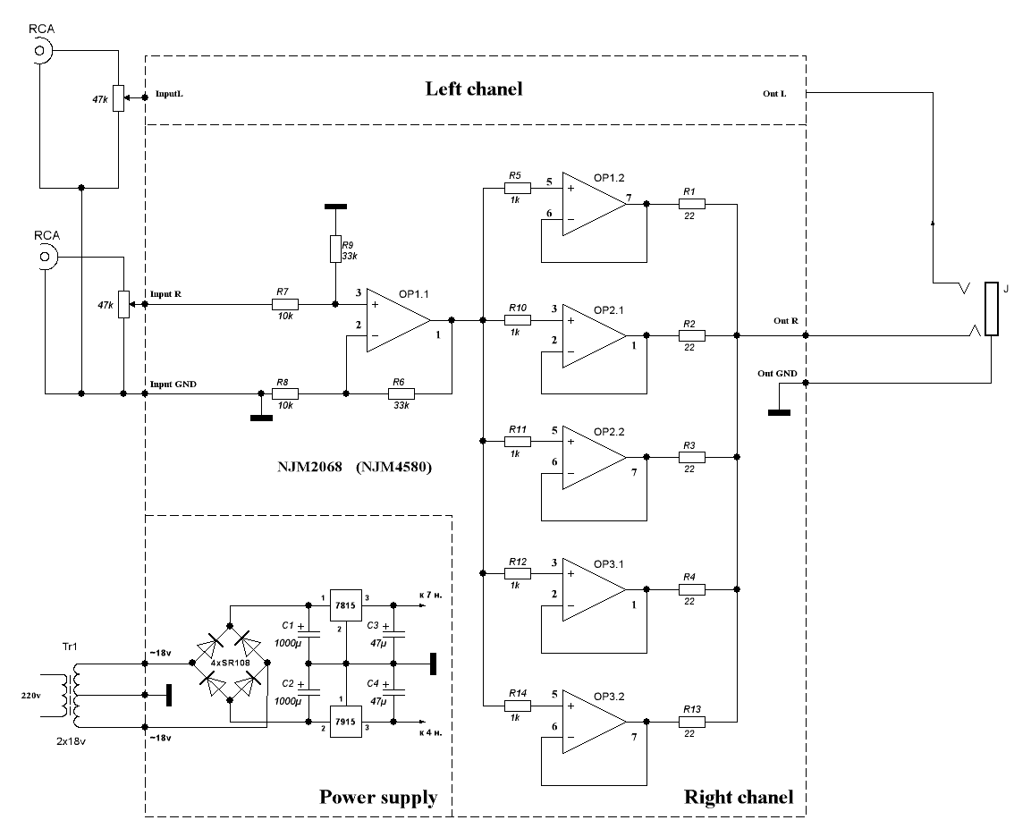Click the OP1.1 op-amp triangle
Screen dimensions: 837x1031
394,319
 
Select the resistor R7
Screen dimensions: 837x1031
284,304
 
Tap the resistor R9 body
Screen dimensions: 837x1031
335,247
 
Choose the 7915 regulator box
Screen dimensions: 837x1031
346,722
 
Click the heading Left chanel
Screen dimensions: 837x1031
473,89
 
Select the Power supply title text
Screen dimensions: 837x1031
378,797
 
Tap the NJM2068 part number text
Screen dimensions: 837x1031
309,467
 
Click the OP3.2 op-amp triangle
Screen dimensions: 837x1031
591,720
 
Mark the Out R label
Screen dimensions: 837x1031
787,320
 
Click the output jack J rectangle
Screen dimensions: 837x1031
991,309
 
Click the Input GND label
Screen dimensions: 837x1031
173,384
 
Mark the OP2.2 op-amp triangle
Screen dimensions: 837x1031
591,457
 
